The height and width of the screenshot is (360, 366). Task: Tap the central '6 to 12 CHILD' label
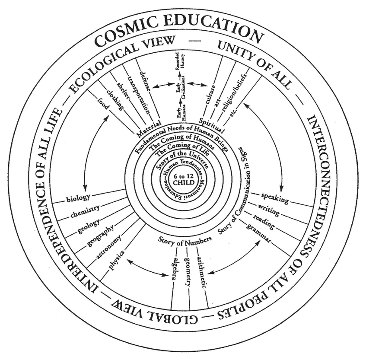184,179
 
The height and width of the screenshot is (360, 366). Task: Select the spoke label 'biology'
79,198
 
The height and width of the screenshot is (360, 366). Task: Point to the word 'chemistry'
85,211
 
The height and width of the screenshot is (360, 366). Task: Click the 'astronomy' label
109,247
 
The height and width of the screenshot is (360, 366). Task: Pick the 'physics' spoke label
117,260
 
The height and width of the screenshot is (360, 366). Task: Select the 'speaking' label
275,198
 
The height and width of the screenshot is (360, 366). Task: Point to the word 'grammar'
259,233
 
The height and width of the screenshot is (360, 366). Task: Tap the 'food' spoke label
103,104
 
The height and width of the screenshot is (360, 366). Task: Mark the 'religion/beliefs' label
234,92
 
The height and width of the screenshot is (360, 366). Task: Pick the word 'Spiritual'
211,125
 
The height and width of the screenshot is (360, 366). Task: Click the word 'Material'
149,129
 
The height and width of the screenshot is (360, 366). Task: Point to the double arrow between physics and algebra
147,268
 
